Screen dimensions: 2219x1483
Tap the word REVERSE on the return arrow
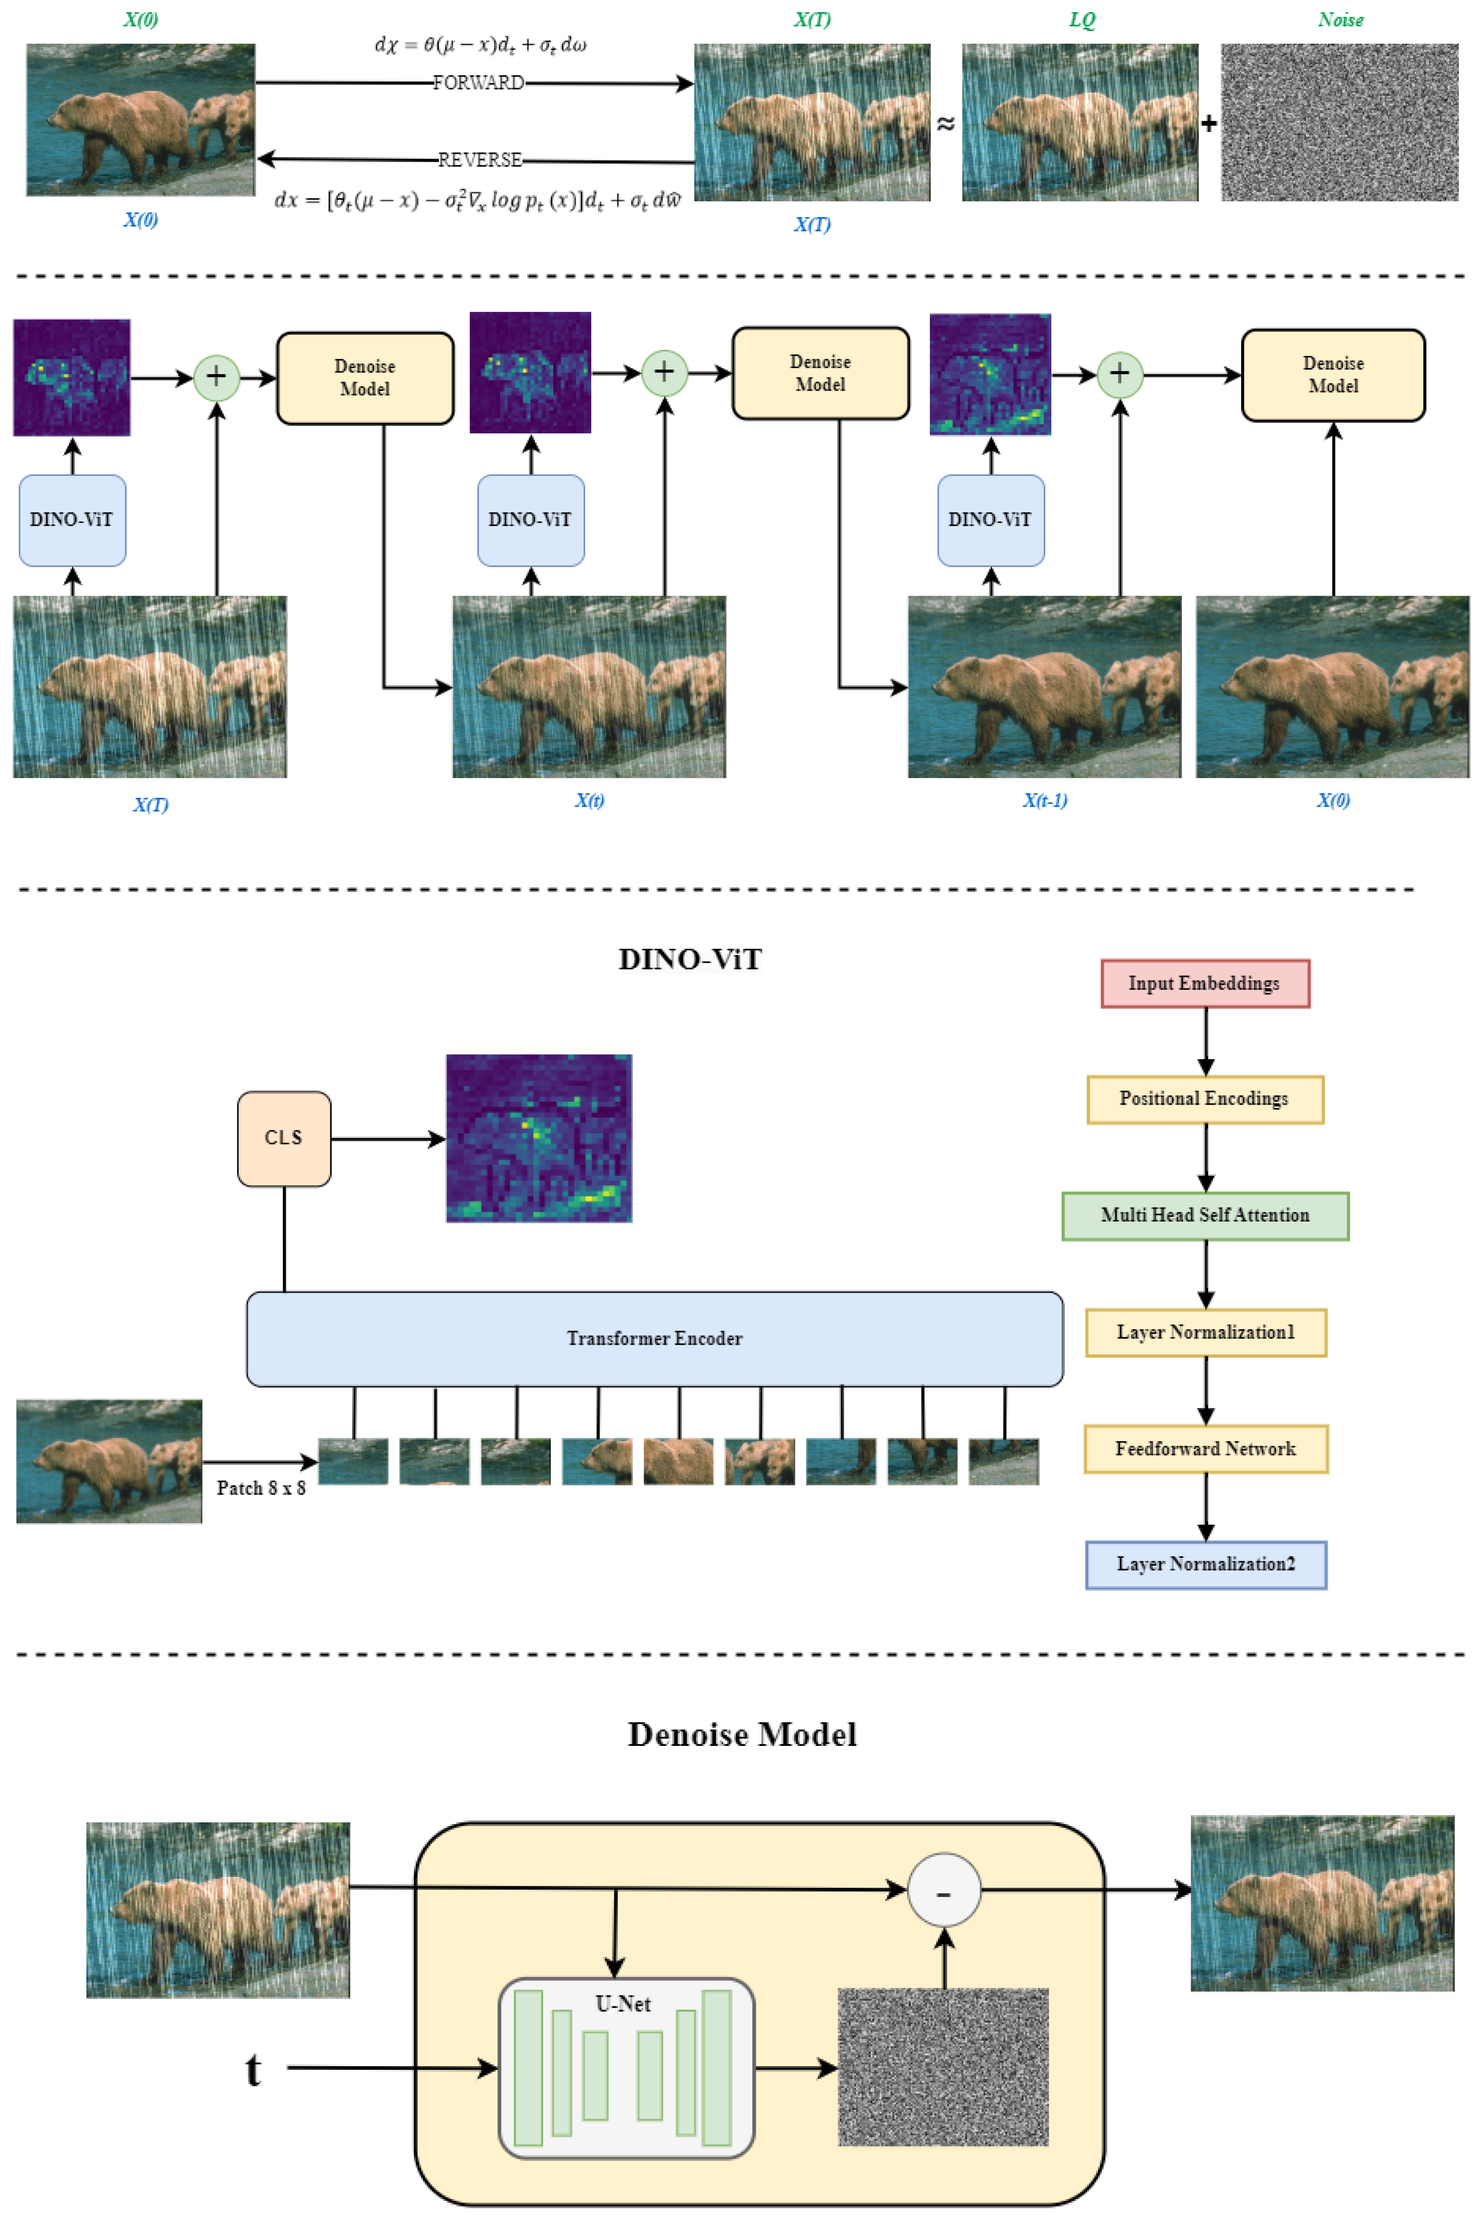coord(480,160)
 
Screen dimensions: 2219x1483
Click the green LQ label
coord(1081,20)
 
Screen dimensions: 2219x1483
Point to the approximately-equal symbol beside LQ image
coord(945,124)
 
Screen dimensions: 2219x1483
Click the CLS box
coord(284,1138)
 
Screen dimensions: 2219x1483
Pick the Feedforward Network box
coord(1205,1449)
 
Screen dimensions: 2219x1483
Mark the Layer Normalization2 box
coord(1205,1565)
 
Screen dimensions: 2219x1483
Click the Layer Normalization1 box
coord(1205,1333)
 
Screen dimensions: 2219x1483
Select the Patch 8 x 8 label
coord(261,1488)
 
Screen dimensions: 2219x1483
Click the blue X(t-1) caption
coord(1044,800)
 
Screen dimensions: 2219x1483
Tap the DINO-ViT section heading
coord(689,959)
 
